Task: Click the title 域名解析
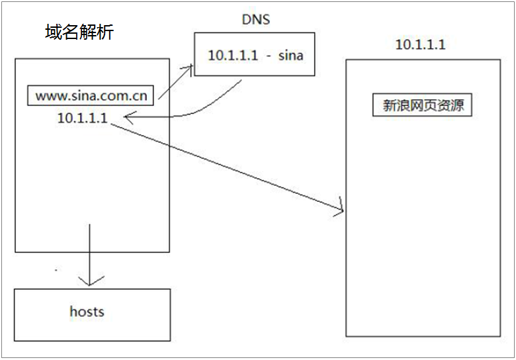(x=79, y=32)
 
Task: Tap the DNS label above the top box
(x=255, y=20)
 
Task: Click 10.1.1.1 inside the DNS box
(x=232, y=56)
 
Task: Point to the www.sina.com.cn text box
(x=91, y=96)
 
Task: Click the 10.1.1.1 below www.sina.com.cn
(x=83, y=118)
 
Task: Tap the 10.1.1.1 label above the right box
(x=420, y=45)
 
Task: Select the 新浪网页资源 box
(x=423, y=106)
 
